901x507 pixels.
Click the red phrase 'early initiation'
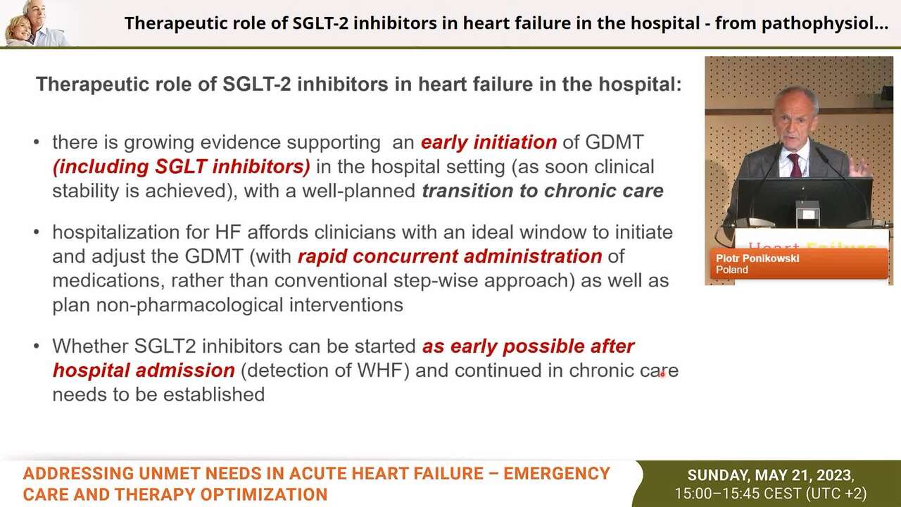coord(489,142)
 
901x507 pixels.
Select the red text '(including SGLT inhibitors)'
coord(181,167)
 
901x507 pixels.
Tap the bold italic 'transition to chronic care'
coord(542,191)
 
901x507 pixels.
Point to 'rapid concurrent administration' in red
coord(449,256)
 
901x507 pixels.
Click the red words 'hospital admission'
coord(144,370)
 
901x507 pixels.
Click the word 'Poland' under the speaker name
coord(732,270)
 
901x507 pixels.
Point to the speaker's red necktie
coord(795,165)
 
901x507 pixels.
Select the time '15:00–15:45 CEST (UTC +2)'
coord(771,494)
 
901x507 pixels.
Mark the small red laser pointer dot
coord(662,375)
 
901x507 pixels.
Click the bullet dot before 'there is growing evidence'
coord(37,143)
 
